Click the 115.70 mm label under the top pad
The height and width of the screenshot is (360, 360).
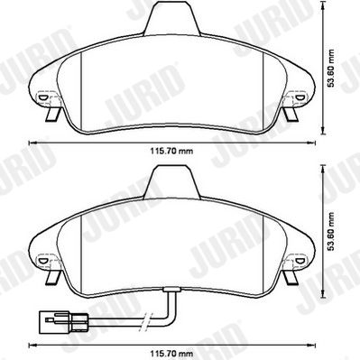coord(171,151)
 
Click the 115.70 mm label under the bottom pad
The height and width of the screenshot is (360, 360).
coord(171,353)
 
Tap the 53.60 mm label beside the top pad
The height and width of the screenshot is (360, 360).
coord(331,68)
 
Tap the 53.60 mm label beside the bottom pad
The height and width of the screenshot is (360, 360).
coord(331,232)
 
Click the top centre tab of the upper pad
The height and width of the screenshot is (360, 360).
coord(172,19)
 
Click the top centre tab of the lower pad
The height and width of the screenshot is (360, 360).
coord(171,182)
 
